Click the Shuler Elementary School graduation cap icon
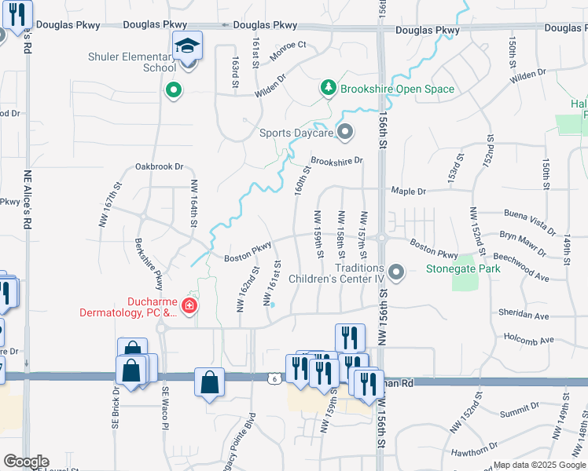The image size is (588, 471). (188, 46)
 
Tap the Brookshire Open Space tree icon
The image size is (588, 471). (328, 89)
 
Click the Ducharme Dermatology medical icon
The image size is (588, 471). (189, 305)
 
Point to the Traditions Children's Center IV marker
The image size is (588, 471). (396, 272)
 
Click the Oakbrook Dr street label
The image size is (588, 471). (159, 166)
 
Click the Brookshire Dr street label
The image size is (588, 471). (336, 161)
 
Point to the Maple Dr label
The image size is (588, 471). (410, 191)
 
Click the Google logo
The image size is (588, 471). (26, 462)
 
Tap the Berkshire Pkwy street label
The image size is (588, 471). (148, 263)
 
